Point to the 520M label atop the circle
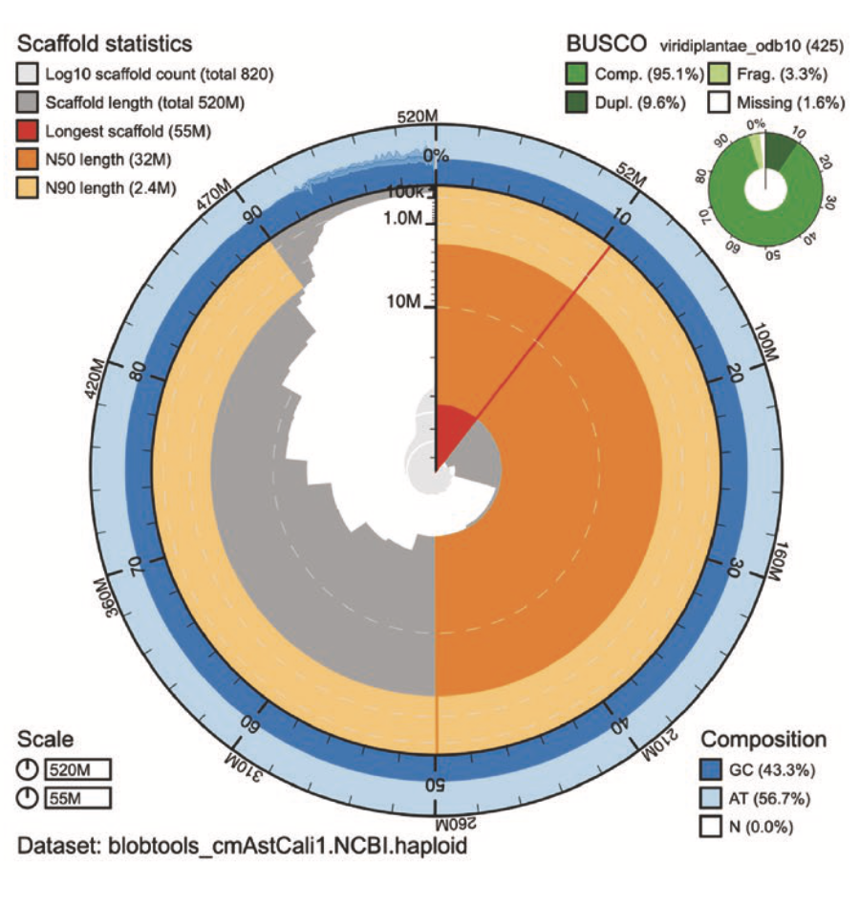pyautogui.click(x=418, y=116)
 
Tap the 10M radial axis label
pyautogui.click(x=403, y=303)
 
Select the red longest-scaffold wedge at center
pyautogui.click(x=451, y=430)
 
